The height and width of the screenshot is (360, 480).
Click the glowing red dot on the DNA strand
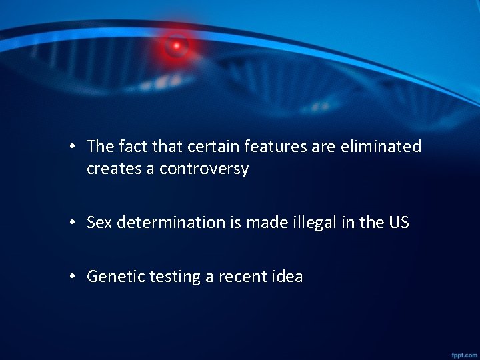click(177, 46)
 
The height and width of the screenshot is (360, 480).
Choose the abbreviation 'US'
click(399, 223)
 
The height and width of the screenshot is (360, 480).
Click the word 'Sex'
click(99, 223)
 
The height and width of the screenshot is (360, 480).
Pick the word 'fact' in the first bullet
click(133, 146)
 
